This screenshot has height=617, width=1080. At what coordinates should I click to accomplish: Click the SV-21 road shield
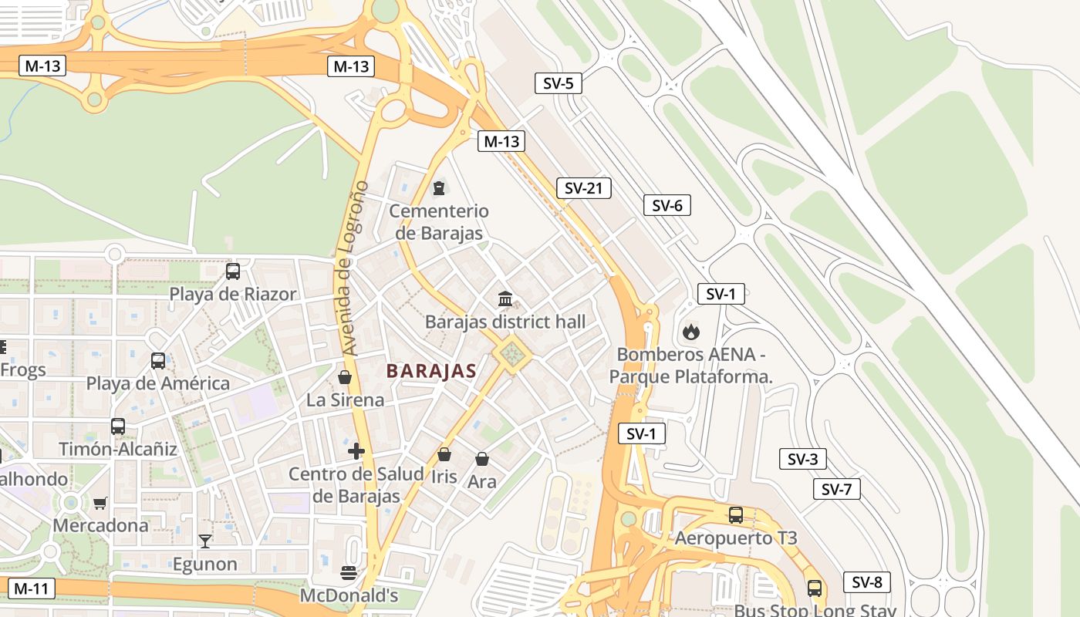click(583, 188)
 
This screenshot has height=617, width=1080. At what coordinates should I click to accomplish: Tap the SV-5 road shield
click(558, 83)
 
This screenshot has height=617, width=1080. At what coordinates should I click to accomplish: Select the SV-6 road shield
click(667, 205)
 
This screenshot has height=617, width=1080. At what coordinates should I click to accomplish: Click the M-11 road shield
click(31, 589)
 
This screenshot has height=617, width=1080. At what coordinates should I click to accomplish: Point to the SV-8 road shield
click(867, 582)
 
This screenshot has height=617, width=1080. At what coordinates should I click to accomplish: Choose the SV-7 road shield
click(836, 489)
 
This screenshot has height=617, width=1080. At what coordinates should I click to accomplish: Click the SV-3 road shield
click(802, 460)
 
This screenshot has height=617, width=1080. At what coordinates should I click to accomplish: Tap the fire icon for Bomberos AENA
click(690, 332)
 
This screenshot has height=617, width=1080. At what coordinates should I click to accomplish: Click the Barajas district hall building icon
click(505, 298)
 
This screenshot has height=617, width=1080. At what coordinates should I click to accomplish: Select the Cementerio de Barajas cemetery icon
click(439, 187)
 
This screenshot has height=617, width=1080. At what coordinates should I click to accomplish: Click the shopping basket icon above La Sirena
click(345, 377)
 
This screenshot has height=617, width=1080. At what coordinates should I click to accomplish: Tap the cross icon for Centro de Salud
click(356, 451)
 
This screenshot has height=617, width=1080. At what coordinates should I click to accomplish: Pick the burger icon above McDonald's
click(348, 573)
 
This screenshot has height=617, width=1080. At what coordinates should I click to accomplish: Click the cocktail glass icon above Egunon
click(204, 541)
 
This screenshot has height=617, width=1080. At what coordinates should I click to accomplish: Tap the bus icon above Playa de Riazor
click(233, 271)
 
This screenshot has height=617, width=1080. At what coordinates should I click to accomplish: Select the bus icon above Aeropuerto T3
click(736, 515)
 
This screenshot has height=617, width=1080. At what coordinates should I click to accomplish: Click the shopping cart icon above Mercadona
click(100, 503)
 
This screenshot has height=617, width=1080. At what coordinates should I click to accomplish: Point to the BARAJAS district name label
click(431, 371)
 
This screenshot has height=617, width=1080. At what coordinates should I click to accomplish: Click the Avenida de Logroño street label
click(354, 268)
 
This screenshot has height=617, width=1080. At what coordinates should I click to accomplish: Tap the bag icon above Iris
click(444, 455)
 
